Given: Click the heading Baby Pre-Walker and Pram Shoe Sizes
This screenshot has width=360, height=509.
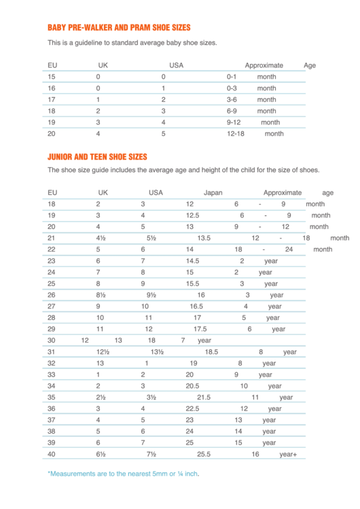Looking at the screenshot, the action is (x=119, y=28).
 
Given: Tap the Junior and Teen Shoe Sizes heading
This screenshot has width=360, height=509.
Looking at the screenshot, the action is (x=97, y=156).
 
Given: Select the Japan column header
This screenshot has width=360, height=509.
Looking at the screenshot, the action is (x=213, y=192).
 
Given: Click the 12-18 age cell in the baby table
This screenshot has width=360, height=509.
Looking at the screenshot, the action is (x=235, y=134).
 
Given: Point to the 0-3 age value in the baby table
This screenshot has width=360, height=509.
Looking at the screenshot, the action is (x=232, y=88).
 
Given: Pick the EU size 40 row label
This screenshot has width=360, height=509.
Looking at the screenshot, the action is (x=52, y=454).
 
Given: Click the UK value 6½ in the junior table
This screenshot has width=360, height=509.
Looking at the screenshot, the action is (x=101, y=454).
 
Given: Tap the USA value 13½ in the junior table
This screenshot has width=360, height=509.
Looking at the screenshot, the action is (x=157, y=352).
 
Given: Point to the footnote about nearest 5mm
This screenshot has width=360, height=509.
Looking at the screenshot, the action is (x=123, y=474).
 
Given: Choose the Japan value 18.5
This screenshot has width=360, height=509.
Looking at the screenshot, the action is (x=211, y=352).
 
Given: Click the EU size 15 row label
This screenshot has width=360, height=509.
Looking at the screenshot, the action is (x=52, y=77).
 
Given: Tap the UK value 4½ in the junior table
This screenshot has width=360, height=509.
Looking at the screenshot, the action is (x=101, y=238).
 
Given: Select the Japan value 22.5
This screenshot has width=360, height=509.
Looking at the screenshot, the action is (x=192, y=408).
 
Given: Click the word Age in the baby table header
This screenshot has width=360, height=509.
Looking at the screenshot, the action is (x=310, y=65).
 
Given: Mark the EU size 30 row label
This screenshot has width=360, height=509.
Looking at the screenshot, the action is (x=52, y=340).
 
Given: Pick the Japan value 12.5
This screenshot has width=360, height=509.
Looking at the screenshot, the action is (x=192, y=215).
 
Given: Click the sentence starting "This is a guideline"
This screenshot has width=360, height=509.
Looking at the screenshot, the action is (x=132, y=43).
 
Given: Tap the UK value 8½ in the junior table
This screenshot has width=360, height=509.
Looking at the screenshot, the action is (x=101, y=295).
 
